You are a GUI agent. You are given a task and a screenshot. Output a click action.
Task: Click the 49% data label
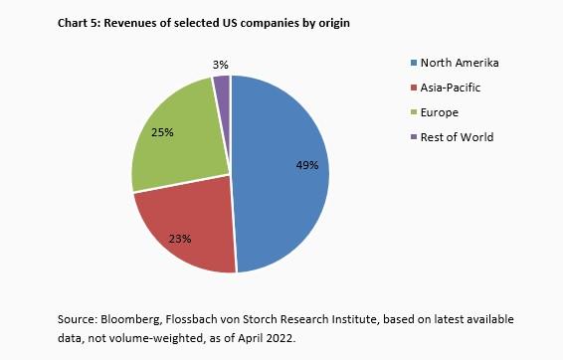[x=306, y=165]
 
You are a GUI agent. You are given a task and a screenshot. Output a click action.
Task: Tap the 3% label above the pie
[x=221, y=64]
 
